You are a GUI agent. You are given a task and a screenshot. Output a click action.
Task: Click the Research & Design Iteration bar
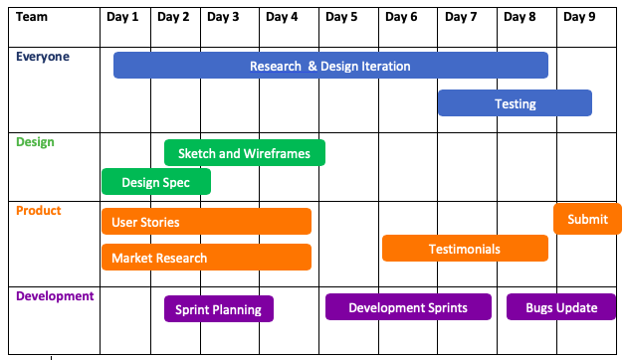[x=330, y=65]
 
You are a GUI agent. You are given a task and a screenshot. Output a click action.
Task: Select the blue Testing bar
[x=515, y=103]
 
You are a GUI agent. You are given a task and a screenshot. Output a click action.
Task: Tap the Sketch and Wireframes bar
[x=245, y=152]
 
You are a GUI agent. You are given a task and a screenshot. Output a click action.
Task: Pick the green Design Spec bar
[x=156, y=182]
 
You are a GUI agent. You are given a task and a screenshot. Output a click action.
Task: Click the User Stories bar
[x=206, y=221]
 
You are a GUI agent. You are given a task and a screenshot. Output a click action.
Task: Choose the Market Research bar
[x=206, y=257]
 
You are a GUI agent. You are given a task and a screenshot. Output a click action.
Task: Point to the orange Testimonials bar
[x=465, y=249]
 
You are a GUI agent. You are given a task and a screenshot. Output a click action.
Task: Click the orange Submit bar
[x=587, y=219]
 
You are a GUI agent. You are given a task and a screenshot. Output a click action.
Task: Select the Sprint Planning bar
[x=219, y=309]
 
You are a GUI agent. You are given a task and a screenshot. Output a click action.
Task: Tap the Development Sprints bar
[x=408, y=307]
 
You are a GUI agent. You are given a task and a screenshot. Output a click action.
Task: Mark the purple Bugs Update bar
[x=561, y=307]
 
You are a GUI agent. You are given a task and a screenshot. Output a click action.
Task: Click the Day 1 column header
[x=122, y=17]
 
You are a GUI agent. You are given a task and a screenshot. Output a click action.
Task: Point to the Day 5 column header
[x=341, y=17]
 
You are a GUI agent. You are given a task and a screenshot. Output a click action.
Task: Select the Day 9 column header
[x=579, y=17]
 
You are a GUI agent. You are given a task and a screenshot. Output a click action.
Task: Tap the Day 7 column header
[x=461, y=17]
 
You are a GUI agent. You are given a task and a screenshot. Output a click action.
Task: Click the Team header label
[x=32, y=17]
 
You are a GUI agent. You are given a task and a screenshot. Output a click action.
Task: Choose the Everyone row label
[x=43, y=57]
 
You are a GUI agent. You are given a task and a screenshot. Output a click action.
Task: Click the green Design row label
[x=35, y=142]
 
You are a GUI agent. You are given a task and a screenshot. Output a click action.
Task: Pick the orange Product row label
[x=39, y=211]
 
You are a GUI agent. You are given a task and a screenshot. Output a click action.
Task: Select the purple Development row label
[x=55, y=296]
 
